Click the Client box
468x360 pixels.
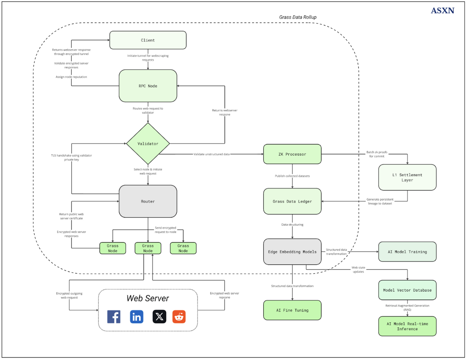pos(148,40)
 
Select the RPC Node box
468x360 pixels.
pos(148,86)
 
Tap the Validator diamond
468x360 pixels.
pos(148,143)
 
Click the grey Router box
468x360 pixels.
pos(148,201)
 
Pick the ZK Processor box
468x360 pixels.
pos(292,154)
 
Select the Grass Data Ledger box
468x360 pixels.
pos(292,201)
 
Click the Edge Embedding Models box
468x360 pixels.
pos(292,252)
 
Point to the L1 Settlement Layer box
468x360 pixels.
pos(407,177)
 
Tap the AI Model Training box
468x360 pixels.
pos(407,252)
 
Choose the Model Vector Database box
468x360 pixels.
pos(407,290)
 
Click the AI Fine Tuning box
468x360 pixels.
pos(292,310)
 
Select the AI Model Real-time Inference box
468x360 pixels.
pos(407,326)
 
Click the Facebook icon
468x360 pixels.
pos(114,317)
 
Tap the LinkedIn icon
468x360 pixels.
pos(137,317)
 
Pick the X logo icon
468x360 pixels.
pos(159,317)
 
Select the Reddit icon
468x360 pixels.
pos(179,317)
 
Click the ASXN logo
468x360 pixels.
pos(443,11)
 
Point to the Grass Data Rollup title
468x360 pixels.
pos(298,17)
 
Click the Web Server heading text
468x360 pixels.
pos(148,298)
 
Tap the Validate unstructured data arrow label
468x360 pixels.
pos(211,154)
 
